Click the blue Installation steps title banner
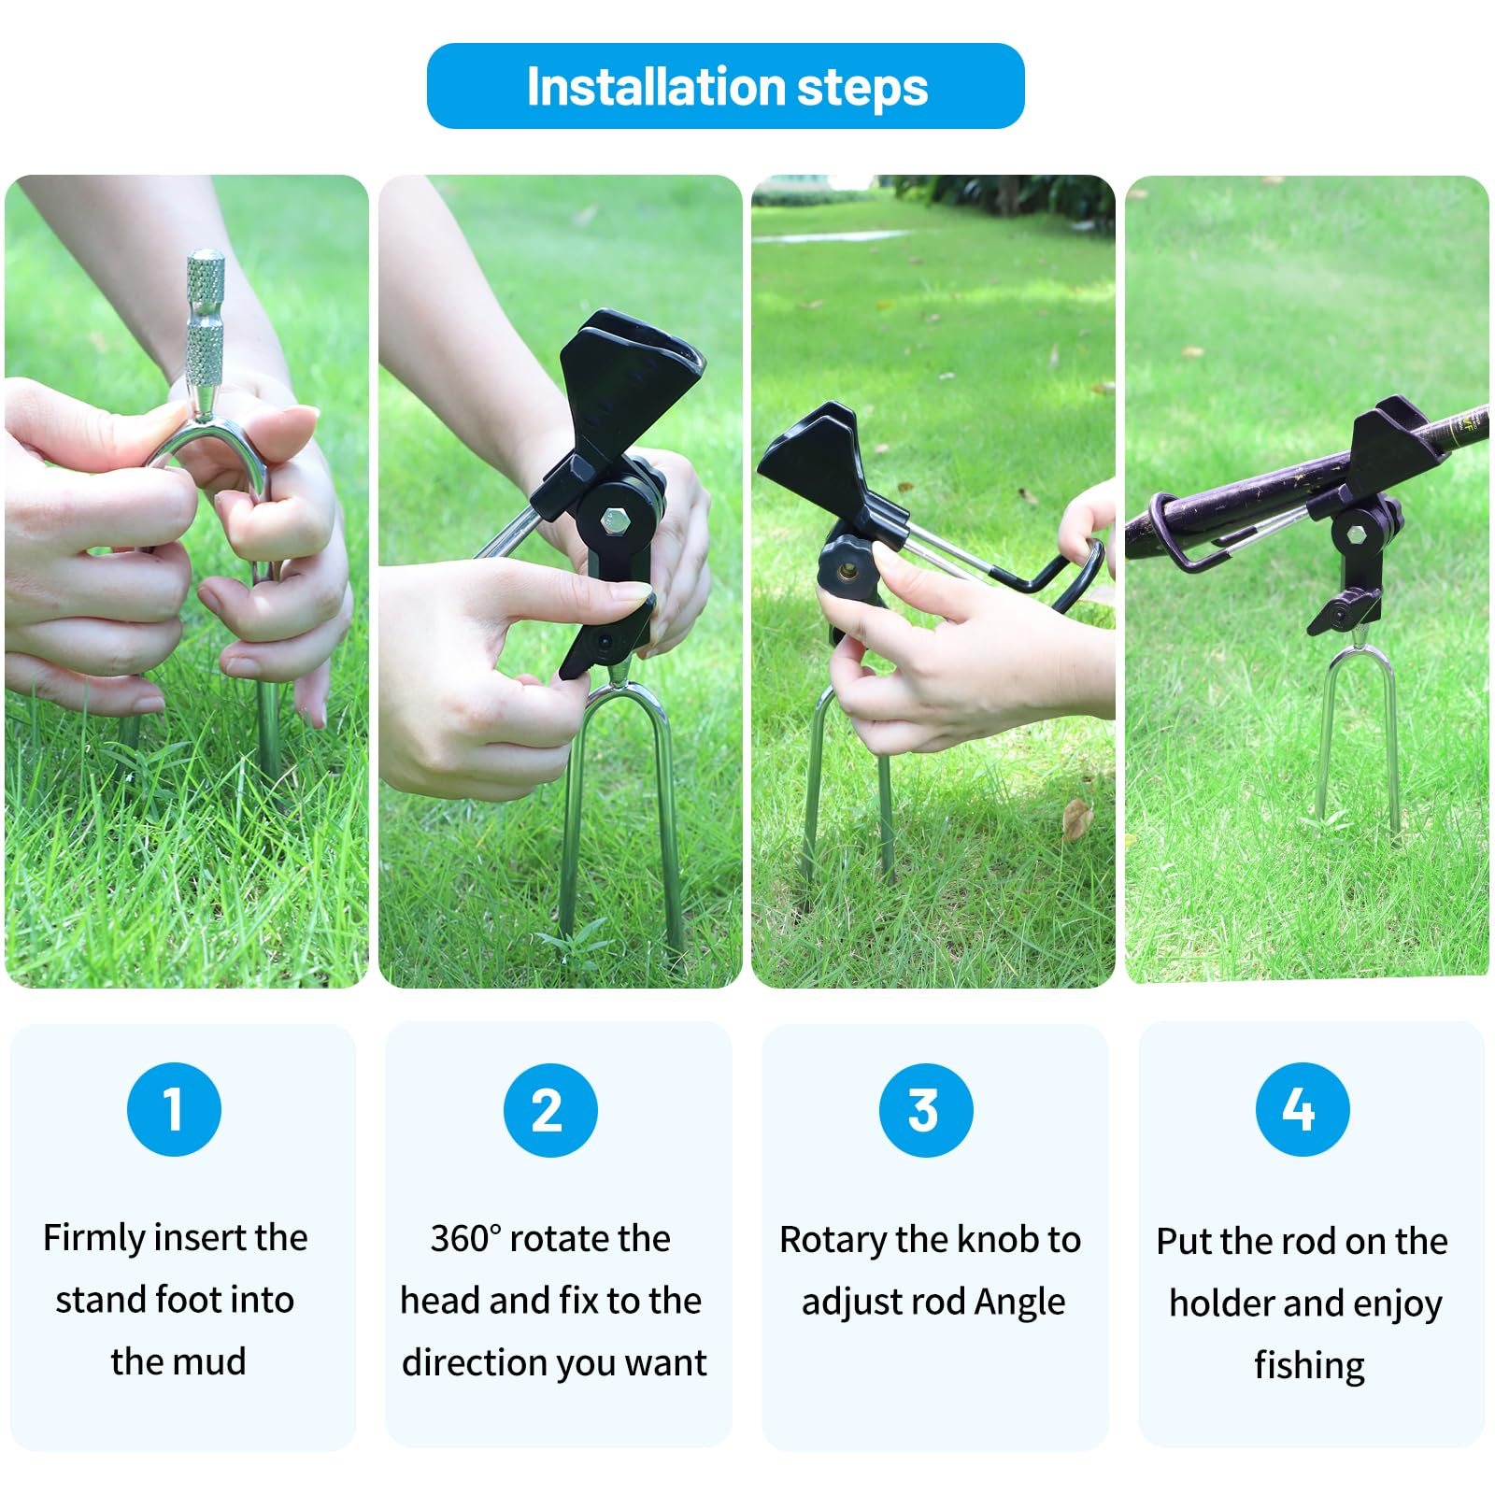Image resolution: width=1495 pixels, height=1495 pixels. coord(726,86)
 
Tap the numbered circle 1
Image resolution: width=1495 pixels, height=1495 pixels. coord(174,1109)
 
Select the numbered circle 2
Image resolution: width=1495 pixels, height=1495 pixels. coord(550,1110)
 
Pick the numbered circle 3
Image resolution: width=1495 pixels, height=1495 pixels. coord(926,1110)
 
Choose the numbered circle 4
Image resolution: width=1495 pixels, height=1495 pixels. coord(1303,1109)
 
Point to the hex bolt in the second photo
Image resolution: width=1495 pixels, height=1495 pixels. coord(614,520)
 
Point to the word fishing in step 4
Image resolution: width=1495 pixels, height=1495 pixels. coord(1309,1366)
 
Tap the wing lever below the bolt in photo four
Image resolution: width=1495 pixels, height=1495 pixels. coord(1342,613)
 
